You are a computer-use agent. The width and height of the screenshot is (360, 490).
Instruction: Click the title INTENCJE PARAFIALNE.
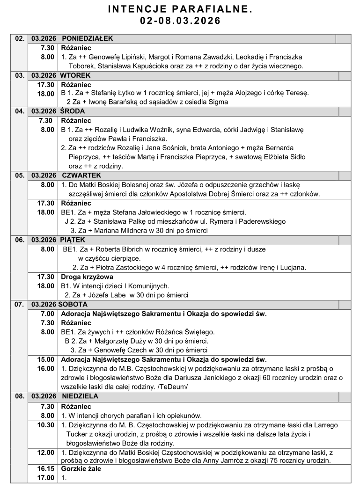pos(180,9)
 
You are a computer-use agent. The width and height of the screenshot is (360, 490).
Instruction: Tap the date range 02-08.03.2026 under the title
pos(180,21)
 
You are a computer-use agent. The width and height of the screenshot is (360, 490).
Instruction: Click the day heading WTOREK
pos(75,75)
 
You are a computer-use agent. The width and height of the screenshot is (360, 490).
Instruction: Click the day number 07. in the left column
pos(20,304)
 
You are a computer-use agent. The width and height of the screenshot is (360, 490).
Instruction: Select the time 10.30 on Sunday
pos(46,425)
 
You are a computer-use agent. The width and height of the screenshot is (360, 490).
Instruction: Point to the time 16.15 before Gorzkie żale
pos(46,468)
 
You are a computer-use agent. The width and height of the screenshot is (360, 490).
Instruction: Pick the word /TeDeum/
pos(173,387)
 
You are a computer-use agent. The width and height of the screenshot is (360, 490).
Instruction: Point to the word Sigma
pos(218,102)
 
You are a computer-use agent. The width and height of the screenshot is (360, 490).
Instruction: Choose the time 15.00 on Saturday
pos(46,360)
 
